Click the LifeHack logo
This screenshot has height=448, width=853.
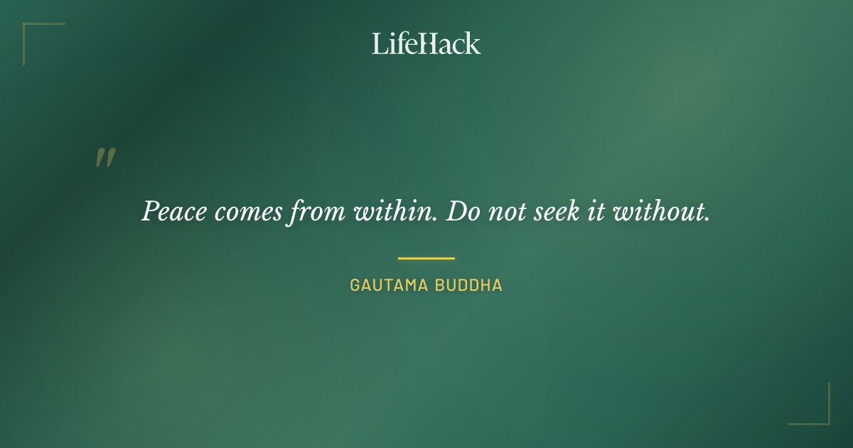426,43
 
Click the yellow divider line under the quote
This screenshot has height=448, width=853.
426,258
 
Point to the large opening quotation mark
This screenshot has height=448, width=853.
105,158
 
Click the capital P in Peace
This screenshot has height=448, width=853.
150,211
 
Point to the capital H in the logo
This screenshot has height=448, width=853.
424,43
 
